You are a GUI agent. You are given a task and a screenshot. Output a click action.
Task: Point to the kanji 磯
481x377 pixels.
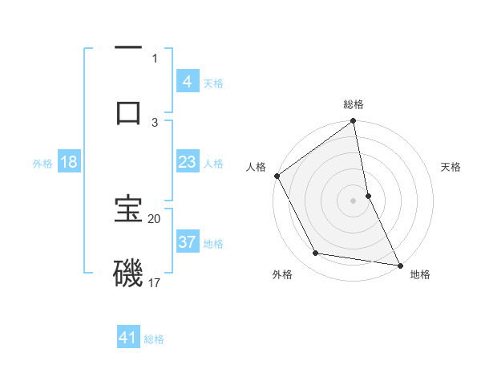point(128,273)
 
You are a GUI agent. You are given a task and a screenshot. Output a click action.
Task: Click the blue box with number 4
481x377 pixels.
point(188,82)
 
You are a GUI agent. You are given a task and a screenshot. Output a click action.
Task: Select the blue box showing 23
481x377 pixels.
point(188,163)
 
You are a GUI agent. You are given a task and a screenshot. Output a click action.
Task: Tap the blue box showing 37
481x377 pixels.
point(188,243)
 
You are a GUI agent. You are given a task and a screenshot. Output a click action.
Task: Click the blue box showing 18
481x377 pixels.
point(69,163)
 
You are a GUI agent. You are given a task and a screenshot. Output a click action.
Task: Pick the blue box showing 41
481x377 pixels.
point(128,338)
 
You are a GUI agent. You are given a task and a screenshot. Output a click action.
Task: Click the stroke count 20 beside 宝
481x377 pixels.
point(155,218)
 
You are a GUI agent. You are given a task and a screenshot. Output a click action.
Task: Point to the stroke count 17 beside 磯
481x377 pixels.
point(155,282)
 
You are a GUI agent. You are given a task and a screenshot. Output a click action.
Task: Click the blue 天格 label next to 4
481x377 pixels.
point(213,83)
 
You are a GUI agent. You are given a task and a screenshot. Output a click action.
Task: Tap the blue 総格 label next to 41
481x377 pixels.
point(154,339)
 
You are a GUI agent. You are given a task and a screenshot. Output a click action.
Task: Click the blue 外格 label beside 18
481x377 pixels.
point(42,164)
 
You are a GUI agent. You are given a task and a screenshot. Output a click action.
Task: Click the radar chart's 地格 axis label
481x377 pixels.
point(420,274)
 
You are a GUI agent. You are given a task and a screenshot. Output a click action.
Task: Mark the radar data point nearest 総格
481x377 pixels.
point(354,122)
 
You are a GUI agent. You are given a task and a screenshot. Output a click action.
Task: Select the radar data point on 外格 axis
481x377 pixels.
point(316,253)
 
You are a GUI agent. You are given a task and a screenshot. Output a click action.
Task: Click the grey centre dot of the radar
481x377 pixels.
point(354,200)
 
